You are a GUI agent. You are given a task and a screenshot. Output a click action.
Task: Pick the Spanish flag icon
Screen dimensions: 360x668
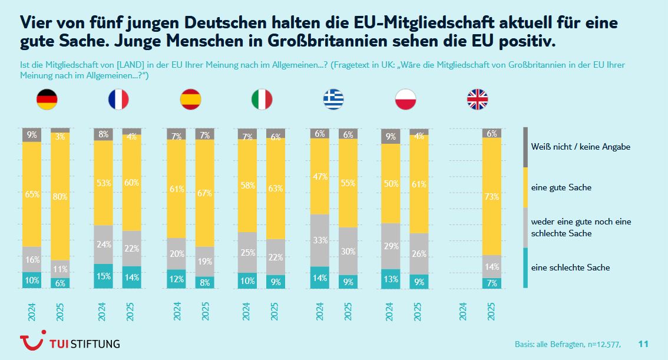pos(190,100)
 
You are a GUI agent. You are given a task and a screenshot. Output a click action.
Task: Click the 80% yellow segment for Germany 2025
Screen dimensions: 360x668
pos(60,196)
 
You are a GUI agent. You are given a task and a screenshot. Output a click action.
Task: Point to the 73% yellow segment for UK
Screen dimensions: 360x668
pos(491,196)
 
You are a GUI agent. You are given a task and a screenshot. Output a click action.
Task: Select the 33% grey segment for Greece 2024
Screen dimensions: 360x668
pos(319,240)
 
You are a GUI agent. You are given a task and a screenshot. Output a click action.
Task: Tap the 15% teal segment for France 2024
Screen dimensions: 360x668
pos(104,276)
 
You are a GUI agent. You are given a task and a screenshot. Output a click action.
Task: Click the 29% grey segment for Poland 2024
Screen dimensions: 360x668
pos(391,246)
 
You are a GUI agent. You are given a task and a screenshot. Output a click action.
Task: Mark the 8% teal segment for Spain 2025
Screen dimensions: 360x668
pos(205,282)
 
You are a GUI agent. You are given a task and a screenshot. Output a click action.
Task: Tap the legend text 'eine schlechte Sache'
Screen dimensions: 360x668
pos(570,267)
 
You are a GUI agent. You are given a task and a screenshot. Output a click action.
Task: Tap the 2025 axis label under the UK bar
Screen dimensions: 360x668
pos(492,312)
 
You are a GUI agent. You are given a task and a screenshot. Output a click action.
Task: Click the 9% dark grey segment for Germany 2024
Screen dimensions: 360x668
pos(32,135)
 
